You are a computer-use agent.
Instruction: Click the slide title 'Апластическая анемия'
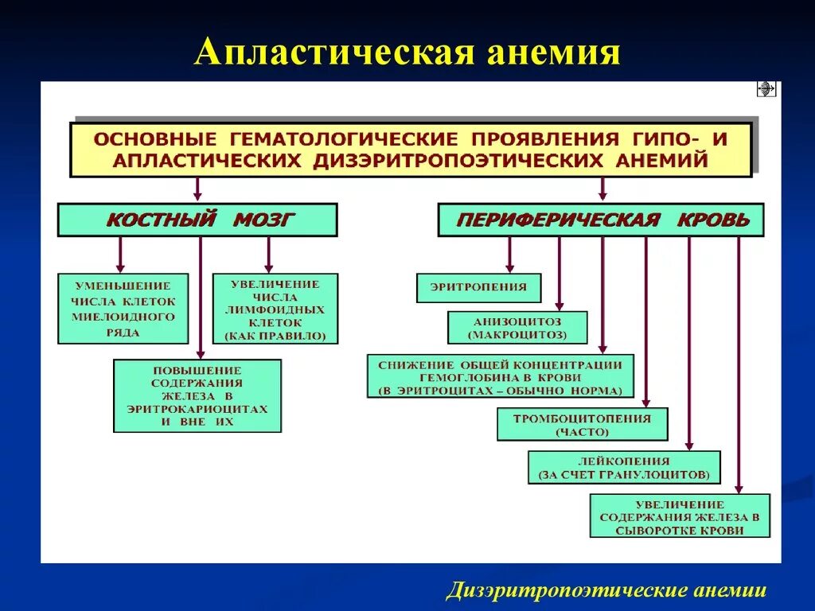407,53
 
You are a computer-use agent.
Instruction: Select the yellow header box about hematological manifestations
411,149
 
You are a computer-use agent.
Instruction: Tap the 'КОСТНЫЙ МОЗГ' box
197,220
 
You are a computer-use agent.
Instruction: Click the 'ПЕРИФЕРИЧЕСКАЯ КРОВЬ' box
600,220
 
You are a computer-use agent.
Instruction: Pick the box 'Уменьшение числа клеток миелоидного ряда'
123,309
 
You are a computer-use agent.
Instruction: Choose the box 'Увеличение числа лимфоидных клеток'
275,309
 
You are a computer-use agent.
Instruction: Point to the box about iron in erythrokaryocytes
197,395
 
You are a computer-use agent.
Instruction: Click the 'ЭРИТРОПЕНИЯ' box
478,288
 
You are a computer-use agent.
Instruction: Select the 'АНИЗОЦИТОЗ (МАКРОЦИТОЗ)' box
517,327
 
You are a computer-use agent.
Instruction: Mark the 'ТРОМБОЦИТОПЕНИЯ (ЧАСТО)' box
582,424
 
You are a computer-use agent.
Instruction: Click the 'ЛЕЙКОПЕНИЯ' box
624,467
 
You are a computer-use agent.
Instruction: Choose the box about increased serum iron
680,516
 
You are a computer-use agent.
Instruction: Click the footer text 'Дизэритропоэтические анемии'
606,590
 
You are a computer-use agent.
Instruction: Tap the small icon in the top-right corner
766,89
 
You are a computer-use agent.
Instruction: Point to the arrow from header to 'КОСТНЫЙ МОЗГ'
197,189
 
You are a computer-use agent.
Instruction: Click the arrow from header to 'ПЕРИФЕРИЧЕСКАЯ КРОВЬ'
602,189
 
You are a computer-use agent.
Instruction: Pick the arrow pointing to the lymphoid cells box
268,255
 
